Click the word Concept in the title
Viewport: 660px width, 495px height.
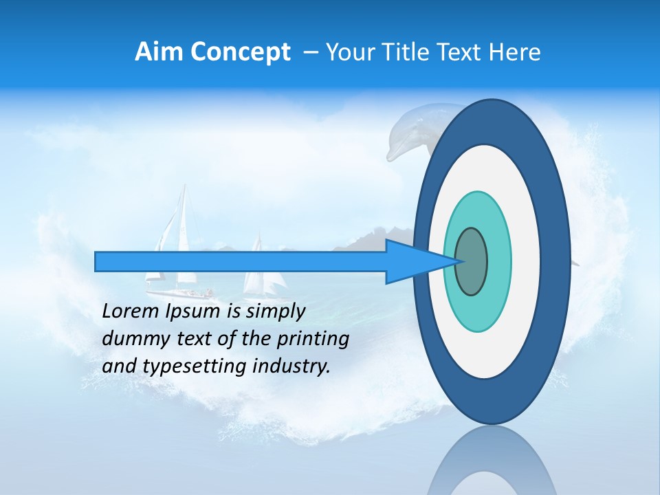240,52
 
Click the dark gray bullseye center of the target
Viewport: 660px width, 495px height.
472,261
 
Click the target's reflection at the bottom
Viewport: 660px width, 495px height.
492,464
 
